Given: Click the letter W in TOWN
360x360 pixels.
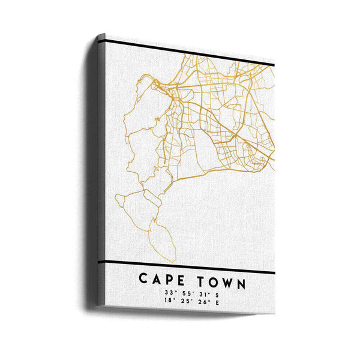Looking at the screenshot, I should pos(230,280).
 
